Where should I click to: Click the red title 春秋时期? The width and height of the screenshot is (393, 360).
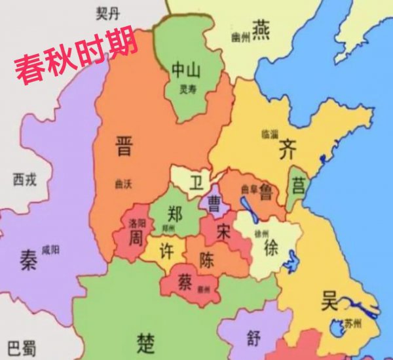tap(76, 54)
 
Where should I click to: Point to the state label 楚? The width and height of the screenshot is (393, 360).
tap(146, 341)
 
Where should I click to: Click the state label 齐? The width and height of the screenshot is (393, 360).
tap(287, 150)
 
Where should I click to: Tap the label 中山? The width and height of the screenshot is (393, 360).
tap(185, 70)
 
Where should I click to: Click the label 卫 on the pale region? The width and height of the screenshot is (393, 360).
tap(196, 181)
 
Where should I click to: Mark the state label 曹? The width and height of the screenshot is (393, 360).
tap(214, 203)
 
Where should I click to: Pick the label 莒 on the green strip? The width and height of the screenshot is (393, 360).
tap(298, 186)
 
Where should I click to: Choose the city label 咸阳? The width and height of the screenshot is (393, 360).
tap(50, 250)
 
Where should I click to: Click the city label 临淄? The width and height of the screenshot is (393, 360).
tap(269, 132)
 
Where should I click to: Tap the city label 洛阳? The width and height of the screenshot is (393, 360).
tap(138, 222)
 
